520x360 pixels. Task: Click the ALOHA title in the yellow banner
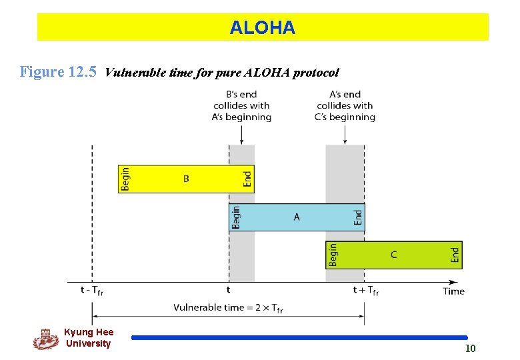[262, 27]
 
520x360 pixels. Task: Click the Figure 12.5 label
[58, 71]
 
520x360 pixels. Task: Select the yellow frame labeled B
[185, 179]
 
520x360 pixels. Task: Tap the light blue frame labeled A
[297, 217]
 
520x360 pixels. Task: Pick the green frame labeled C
[393, 255]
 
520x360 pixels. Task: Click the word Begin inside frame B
[126, 179]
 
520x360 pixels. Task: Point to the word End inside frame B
[247, 179]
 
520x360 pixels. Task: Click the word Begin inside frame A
[236, 217]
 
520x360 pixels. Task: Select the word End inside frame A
[358, 217]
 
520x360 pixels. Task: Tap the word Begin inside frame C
[333, 255]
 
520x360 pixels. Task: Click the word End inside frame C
[455, 255]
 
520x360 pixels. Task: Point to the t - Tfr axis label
[92, 290]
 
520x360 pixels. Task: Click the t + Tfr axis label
[365, 290]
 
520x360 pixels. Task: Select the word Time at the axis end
[453, 291]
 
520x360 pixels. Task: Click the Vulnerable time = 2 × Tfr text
[228, 308]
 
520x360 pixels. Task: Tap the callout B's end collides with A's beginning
[241, 105]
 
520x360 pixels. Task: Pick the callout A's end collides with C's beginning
[345, 105]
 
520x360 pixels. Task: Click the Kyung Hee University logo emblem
[45, 339]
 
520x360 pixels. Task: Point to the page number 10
[470, 349]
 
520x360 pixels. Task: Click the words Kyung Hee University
[89, 338]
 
